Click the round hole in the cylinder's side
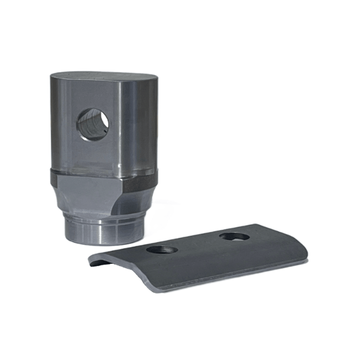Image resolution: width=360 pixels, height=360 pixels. coord(92,124)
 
